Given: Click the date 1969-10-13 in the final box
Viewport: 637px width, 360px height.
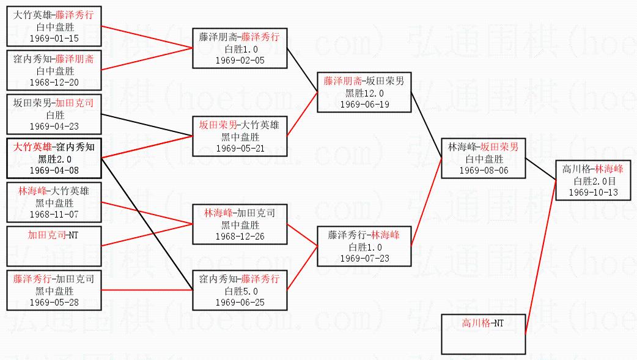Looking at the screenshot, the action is (x=593, y=192).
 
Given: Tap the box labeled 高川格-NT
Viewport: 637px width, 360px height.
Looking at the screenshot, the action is (x=484, y=333).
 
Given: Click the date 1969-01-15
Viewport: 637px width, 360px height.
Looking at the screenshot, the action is (x=54, y=38).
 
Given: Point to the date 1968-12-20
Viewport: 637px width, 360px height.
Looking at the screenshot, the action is (x=54, y=83).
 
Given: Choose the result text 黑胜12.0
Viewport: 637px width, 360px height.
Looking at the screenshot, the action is (x=364, y=93).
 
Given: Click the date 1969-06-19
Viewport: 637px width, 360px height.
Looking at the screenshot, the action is (x=364, y=104).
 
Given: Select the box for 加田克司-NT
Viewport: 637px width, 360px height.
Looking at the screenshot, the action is (x=54, y=242).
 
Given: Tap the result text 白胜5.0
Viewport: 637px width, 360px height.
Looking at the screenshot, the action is (x=239, y=291).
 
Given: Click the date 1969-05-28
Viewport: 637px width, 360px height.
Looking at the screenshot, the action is (x=54, y=302).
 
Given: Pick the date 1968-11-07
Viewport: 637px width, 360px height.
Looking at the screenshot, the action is (x=54, y=214).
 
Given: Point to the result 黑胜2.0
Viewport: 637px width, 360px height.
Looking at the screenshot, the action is (x=54, y=159).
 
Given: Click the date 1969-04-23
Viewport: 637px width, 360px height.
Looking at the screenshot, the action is (x=54, y=126).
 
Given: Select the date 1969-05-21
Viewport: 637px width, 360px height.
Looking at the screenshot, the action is (x=239, y=148).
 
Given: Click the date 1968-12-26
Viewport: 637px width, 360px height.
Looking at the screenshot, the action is (x=239, y=236).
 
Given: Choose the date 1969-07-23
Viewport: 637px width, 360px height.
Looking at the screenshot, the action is (x=364, y=258).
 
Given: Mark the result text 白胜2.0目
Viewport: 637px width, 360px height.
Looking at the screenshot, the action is (x=593, y=181).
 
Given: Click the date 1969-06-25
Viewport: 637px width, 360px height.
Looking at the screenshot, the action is (x=239, y=302).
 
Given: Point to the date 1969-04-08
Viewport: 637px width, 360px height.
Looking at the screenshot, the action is (x=54, y=170).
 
